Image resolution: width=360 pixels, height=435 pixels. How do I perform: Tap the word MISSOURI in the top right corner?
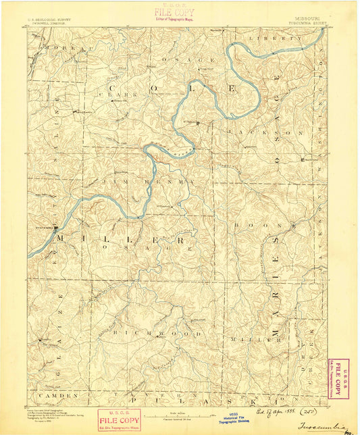(309, 19)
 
